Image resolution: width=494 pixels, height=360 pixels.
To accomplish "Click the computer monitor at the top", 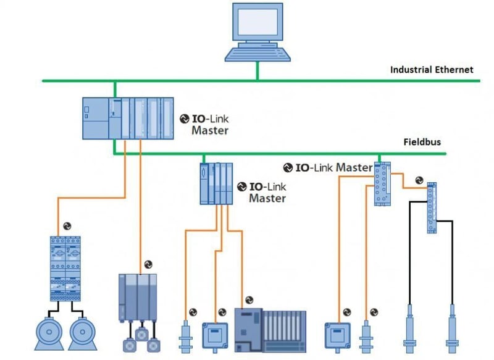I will [x=257, y=23].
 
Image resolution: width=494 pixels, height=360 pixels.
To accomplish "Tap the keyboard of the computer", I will [x=257, y=54].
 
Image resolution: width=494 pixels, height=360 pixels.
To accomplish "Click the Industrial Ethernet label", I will [x=432, y=70].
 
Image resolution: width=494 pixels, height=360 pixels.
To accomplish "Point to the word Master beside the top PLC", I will [x=210, y=131].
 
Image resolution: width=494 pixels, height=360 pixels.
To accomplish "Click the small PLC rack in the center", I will [x=216, y=183].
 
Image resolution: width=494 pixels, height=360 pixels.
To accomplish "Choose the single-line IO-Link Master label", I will [x=328, y=167].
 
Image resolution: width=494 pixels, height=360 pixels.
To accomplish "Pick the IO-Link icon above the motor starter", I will [x=67, y=226].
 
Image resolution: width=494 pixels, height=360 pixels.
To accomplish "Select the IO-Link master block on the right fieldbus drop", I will [x=383, y=184].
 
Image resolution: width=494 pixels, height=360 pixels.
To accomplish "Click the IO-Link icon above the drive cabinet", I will [x=148, y=265].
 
